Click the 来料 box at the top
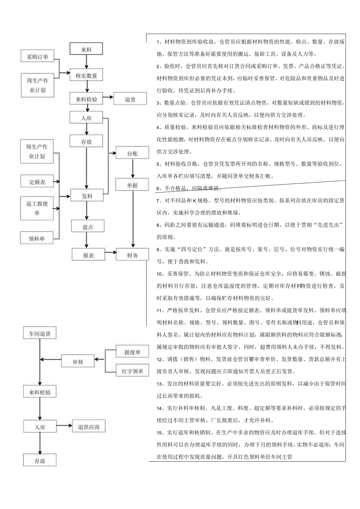(86, 49)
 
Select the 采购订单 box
(37, 56)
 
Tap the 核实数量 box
(86, 75)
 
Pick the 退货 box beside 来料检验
(130, 99)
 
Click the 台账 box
(132, 153)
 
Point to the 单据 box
(132, 185)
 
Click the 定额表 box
(37, 182)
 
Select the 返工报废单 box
(37, 208)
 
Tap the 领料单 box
(37, 238)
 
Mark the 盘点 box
(88, 226)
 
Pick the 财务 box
(132, 255)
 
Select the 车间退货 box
(40, 334)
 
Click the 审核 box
(78, 362)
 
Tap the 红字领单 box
(132, 371)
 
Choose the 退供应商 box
(89, 426)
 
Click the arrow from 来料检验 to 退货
(108, 99)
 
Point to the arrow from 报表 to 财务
(110, 255)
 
